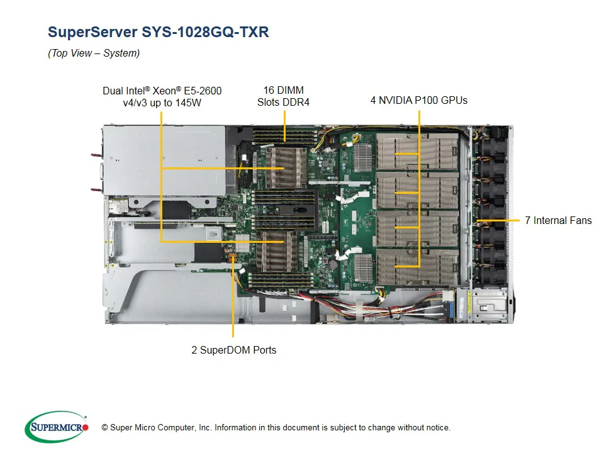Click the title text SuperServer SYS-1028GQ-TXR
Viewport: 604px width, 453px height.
(x=158, y=32)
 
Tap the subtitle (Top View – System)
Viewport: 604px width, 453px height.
(x=94, y=53)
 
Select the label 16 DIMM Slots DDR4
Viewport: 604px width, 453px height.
(x=283, y=96)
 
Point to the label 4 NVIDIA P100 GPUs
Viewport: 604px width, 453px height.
(x=418, y=100)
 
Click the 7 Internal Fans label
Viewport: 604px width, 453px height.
(x=558, y=220)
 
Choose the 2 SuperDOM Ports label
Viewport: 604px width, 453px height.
(x=233, y=350)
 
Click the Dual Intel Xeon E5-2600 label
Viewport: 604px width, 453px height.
(x=162, y=96)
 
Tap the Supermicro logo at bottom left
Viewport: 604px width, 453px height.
(x=57, y=427)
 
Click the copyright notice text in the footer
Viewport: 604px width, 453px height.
(x=276, y=428)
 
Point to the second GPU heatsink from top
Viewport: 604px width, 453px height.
(x=417, y=191)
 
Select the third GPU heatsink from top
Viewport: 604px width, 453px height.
(x=417, y=228)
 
